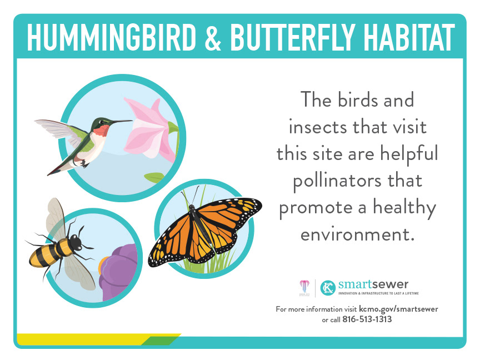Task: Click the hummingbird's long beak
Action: [121, 122]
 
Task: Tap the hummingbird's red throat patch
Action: [101, 130]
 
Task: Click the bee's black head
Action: [76, 242]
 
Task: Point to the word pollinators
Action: [358, 181]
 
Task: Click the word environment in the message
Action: [357, 235]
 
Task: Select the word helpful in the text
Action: [409, 154]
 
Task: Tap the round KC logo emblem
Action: [328, 288]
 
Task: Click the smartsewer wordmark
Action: [373, 284]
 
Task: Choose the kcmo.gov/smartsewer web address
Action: [398, 309]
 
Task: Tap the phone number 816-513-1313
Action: [367, 319]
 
